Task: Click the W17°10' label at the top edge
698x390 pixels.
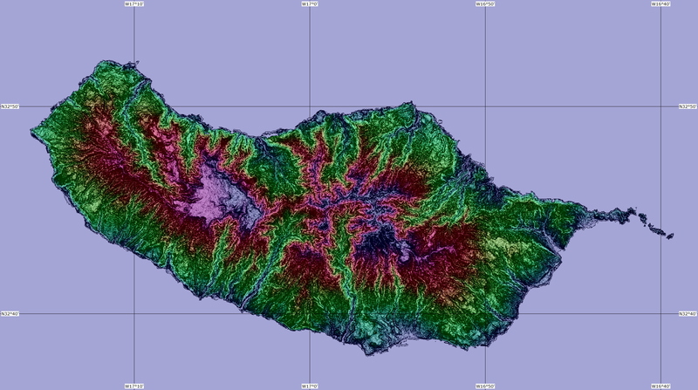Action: (133, 3)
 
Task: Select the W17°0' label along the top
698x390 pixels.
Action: (309, 3)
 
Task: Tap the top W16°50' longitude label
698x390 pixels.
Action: (485, 3)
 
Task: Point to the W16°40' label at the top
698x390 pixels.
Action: (660, 3)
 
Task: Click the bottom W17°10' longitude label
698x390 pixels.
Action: (133, 386)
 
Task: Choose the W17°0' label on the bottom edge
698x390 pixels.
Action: (309, 386)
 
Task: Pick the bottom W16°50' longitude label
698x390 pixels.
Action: (485, 386)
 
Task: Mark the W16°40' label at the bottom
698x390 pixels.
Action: (660, 386)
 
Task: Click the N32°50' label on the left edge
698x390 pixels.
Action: (10, 106)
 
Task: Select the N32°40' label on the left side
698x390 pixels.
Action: (10, 313)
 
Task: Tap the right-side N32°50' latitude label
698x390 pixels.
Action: (688, 106)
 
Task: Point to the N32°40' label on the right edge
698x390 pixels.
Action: (688, 313)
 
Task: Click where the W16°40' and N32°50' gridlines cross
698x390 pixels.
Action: (660, 106)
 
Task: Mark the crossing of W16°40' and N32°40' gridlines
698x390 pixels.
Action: (660, 313)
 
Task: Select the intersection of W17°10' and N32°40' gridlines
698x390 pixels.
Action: (133, 313)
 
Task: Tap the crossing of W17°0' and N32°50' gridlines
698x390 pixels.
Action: (310, 106)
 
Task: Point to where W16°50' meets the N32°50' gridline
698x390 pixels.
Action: (485, 106)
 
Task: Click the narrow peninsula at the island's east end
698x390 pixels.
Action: (611, 215)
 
